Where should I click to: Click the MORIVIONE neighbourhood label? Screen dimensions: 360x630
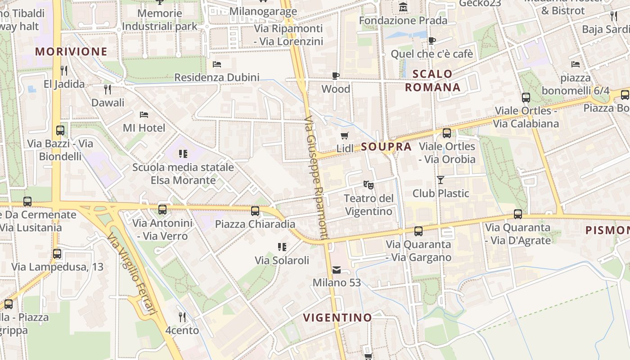click(72, 51)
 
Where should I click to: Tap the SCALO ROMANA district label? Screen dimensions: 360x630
click(432, 81)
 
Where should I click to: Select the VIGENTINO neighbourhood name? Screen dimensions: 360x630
click(337, 318)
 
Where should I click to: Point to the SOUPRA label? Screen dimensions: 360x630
click(386, 147)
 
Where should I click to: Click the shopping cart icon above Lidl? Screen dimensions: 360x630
click(345, 135)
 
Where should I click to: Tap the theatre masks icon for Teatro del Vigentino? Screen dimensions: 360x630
click(368, 184)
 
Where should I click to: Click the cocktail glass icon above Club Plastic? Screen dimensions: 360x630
click(441, 180)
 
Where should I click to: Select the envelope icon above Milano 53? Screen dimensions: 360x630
click(337, 270)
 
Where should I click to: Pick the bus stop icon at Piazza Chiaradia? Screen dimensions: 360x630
click(255, 211)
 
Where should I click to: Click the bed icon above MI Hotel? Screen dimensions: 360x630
click(144, 115)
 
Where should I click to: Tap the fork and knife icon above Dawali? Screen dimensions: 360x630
click(108, 90)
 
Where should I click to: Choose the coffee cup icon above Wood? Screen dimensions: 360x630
click(336, 76)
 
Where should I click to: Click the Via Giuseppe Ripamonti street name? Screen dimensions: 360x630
click(316, 178)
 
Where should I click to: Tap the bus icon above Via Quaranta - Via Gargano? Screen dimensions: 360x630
click(418, 231)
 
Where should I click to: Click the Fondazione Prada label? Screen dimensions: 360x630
click(403, 21)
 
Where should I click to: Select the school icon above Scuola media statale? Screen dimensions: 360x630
click(183, 154)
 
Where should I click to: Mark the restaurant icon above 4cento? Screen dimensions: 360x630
click(182, 317)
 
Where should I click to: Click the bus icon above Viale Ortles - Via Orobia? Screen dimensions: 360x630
click(446, 133)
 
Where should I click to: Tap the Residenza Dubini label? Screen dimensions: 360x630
click(217, 77)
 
